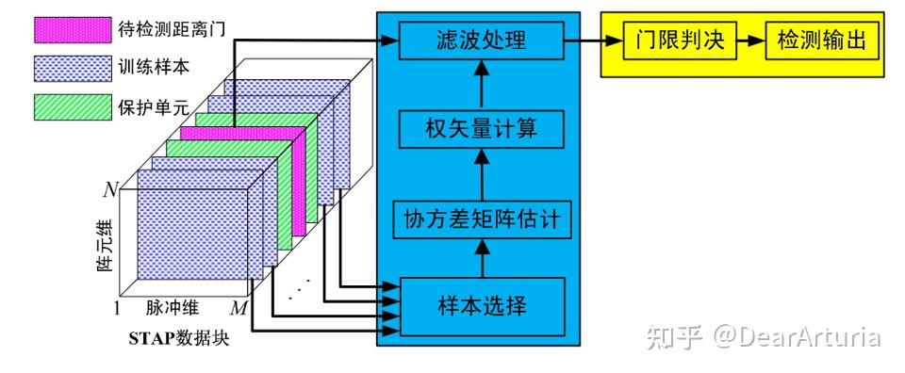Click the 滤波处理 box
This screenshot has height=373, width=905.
coord(481,41)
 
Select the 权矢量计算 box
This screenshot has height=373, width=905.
coord(481,128)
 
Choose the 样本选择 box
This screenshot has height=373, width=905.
coord(481,304)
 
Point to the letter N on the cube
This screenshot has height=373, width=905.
coord(110,188)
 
